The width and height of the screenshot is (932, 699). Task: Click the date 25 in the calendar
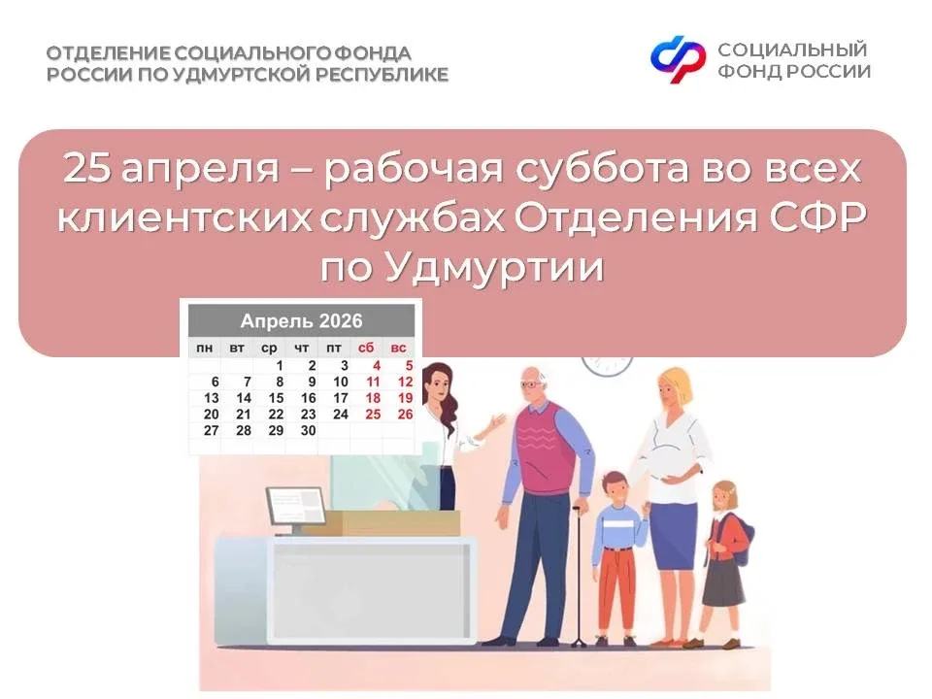point(373,415)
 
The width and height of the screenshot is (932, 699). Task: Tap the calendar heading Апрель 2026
point(301,321)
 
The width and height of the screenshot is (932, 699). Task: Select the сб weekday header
point(366,348)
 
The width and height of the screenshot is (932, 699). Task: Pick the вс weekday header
point(398,348)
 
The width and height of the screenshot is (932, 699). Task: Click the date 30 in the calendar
point(308,430)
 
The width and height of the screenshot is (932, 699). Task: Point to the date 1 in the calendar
point(280,366)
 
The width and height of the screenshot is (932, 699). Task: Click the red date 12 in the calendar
point(405,382)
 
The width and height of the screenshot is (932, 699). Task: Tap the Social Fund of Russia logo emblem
point(679,59)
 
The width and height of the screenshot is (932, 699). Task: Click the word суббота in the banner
point(603,168)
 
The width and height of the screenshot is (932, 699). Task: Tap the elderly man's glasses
point(531,385)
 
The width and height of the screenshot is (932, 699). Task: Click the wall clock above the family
point(607,363)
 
